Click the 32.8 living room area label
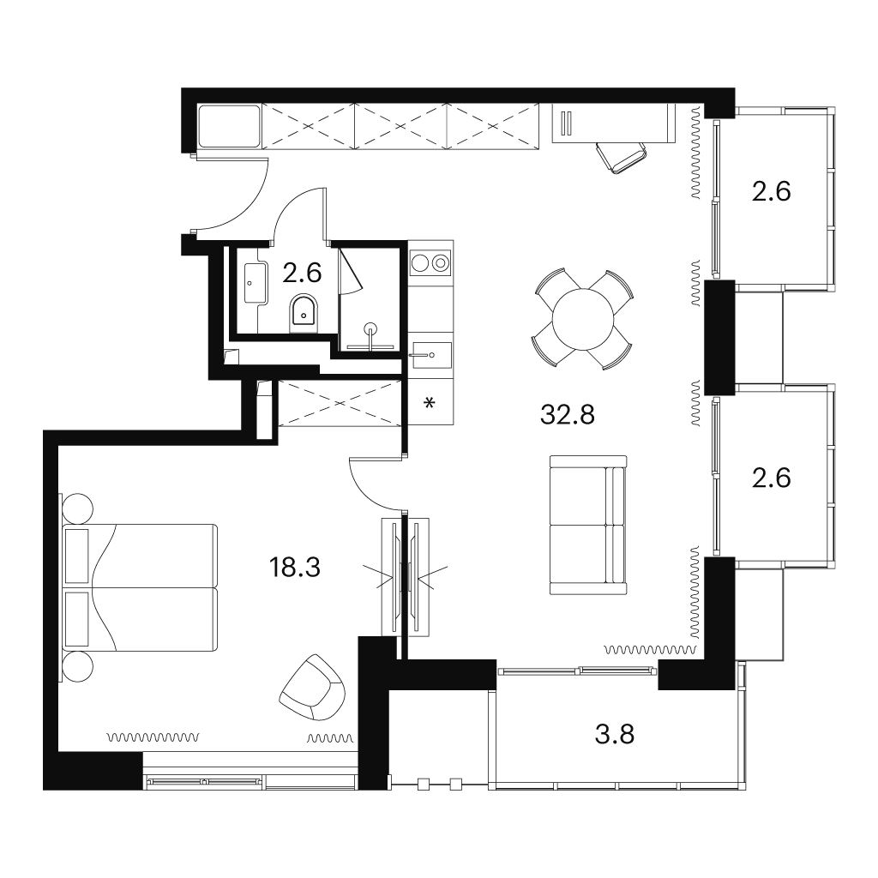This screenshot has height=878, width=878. click(568, 415)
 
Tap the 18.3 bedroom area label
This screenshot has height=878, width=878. click(295, 568)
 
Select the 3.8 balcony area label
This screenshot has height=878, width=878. click(614, 734)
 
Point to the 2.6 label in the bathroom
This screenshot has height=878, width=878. click(302, 274)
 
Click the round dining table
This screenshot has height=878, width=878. click(583, 320)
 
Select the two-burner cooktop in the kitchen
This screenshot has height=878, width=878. click(430, 262)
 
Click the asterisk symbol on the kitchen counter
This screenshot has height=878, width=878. click(430, 403)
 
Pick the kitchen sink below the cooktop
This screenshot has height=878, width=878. click(430, 355)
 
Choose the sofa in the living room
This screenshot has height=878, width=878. click(588, 525)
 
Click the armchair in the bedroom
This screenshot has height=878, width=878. click(312, 688)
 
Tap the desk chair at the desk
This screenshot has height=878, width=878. click(622, 158)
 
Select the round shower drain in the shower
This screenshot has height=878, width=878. click(370, 328)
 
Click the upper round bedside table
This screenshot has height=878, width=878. click(77, 508)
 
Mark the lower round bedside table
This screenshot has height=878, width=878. click(77, 666)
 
